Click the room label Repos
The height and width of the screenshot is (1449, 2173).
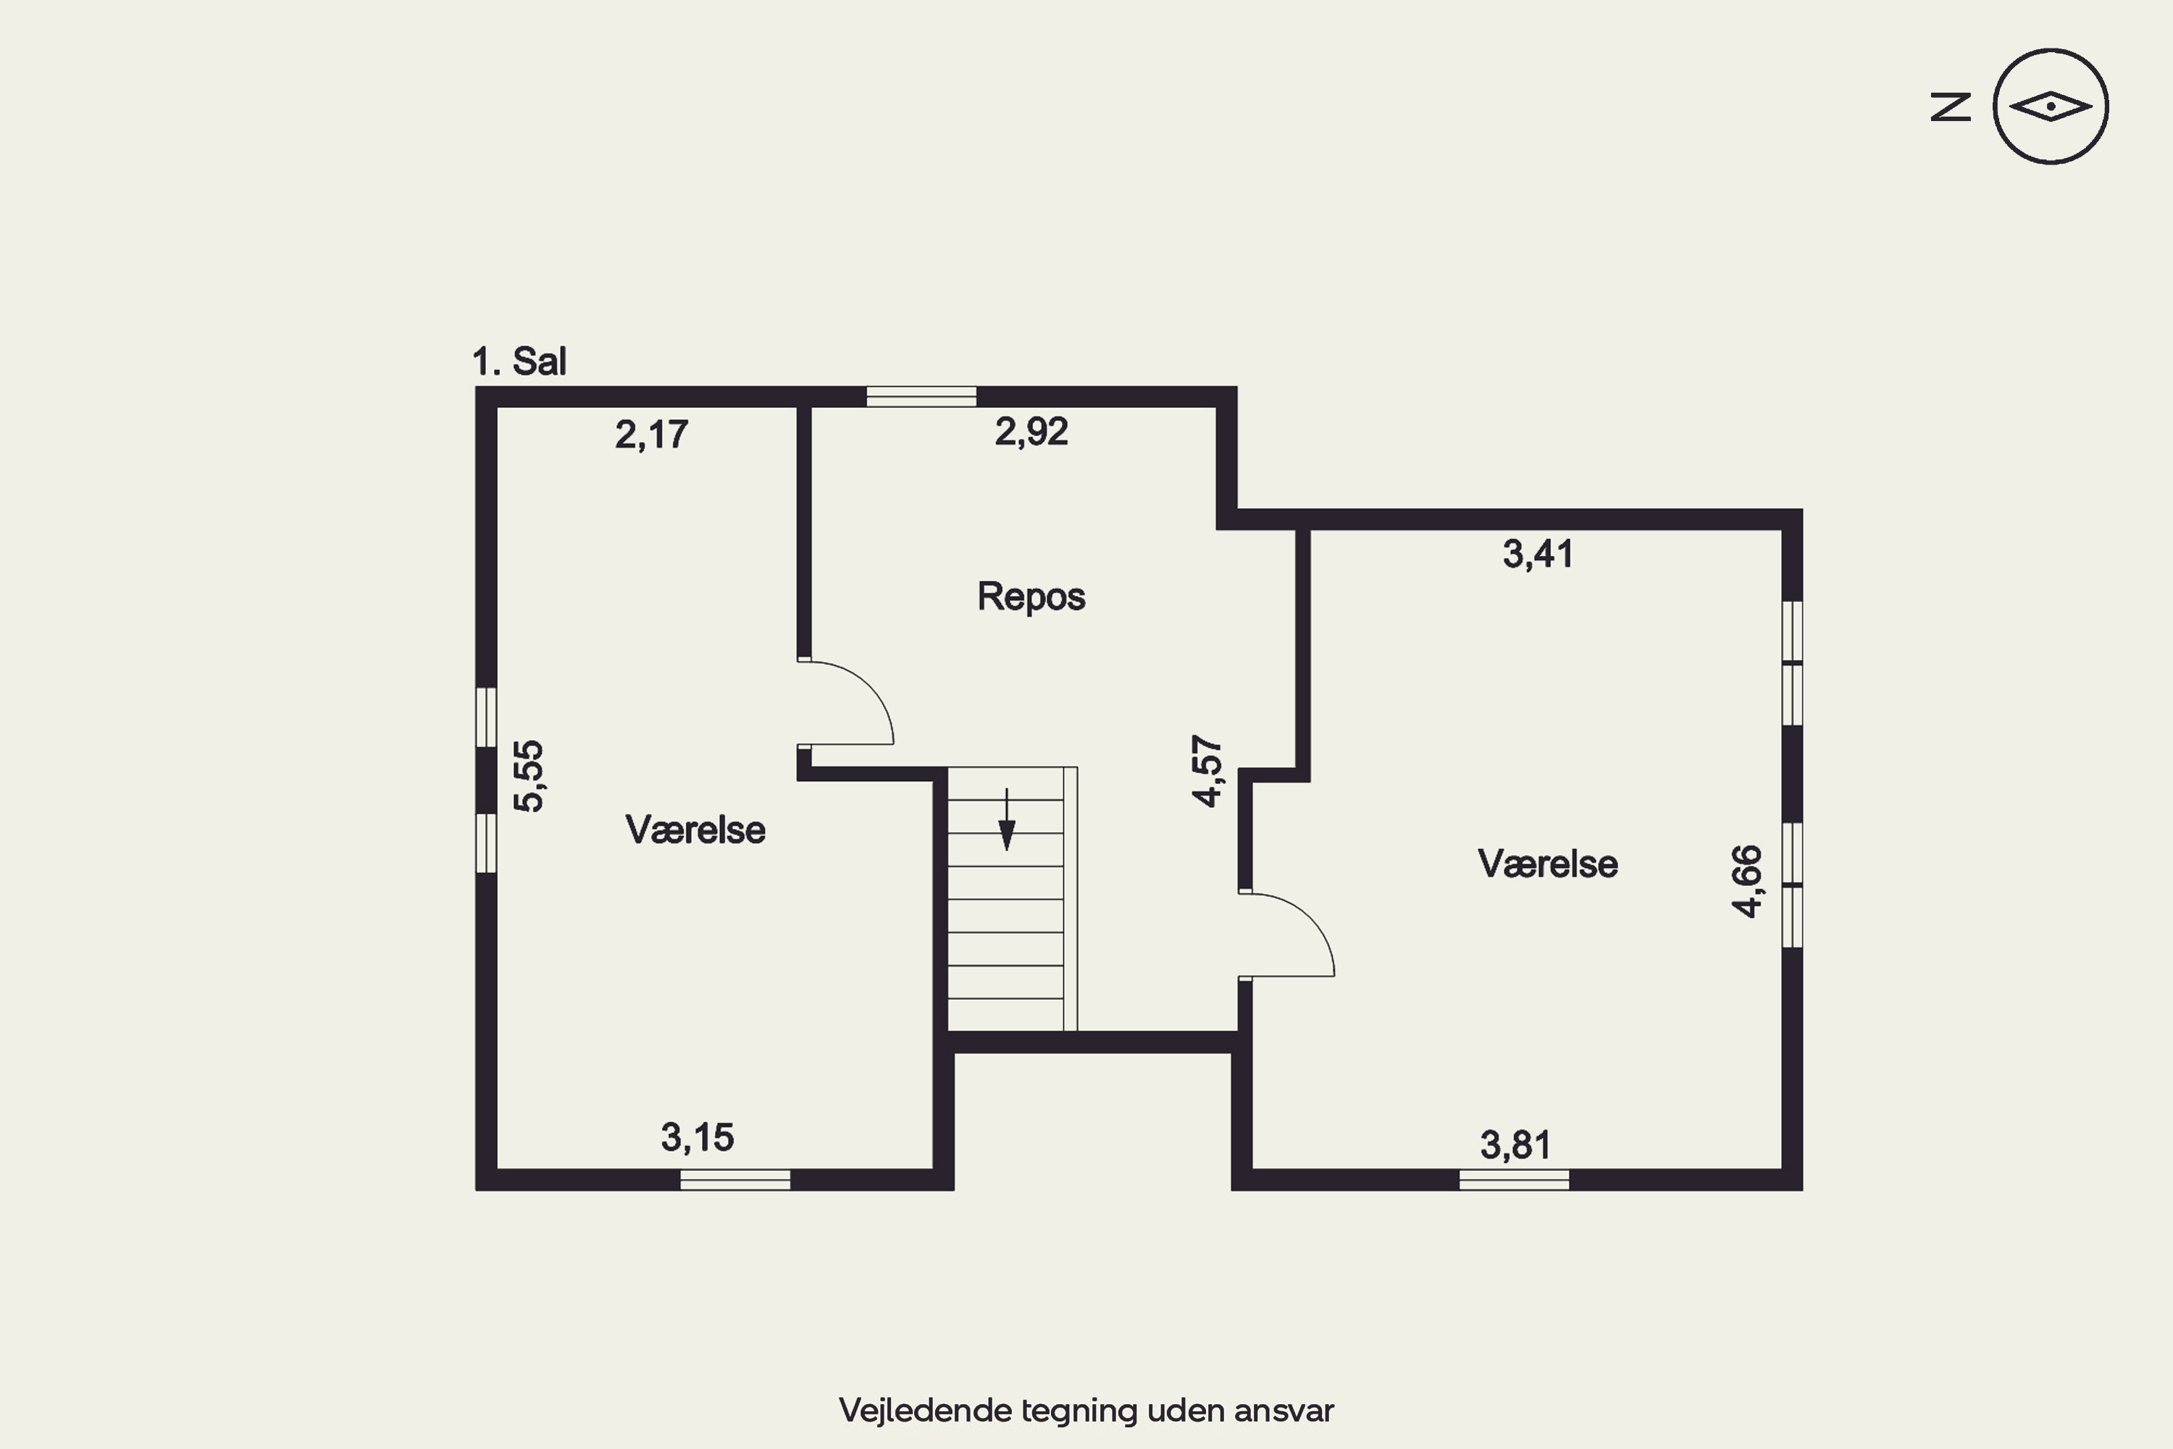(x=1031, y=597)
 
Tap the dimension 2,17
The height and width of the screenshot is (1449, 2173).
(x=651, y=434)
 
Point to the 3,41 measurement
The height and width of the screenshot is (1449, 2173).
(x=1537, y=554)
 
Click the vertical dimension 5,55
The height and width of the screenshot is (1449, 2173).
(x=529, y=776)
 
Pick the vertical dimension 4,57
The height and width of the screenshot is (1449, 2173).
(x=1207, y=771)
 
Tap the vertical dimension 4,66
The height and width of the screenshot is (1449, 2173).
(x=1746, y=881)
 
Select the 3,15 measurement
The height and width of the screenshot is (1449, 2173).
(x=697, y=1137)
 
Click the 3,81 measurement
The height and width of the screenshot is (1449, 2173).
(x=1515, y=1145)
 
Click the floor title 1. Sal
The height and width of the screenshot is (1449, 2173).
(x=519, y=362)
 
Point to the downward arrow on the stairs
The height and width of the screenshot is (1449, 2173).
(x=1007, y=819)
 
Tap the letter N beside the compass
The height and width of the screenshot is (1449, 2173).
(x=1951, y=107)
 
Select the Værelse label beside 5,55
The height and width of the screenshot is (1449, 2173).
(x=695, y=830)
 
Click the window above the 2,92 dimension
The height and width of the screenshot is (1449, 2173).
(x=921, y=396)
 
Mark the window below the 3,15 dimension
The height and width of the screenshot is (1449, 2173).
(x=735, y=1179)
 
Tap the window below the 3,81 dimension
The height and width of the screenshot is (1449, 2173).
(x=1515, y=1179)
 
